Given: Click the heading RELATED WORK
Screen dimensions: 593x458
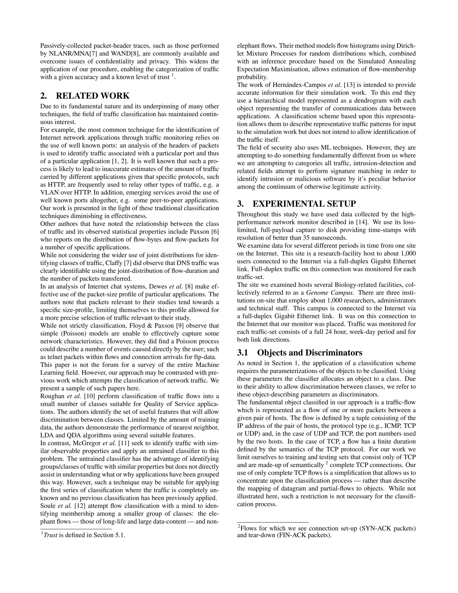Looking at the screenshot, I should click(x=93, y=96).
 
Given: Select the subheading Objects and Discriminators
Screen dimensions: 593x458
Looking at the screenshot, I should click(x=310, y=353).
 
